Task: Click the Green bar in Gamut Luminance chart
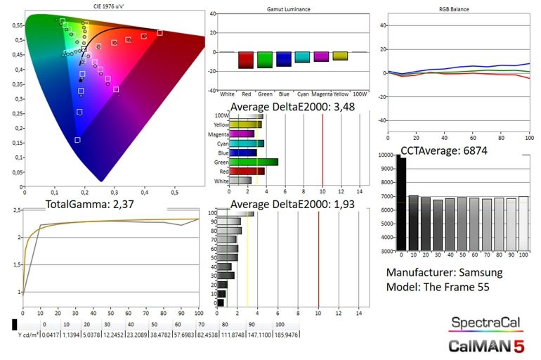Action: (x=265, y=60)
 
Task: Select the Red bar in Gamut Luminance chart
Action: (x=245, y=60)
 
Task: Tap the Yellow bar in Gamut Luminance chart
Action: (x=340, y=56)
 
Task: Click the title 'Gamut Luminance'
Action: (x=289, y=11)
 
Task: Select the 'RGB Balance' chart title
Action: (x=453, y=11)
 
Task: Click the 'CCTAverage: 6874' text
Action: (x=443, y=150)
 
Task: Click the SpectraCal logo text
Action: (x=486, y=323)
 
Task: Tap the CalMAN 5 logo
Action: (x=486, y=345)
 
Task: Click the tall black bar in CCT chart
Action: (x=400, y=203)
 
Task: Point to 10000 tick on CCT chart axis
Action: (x=384, y=155)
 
